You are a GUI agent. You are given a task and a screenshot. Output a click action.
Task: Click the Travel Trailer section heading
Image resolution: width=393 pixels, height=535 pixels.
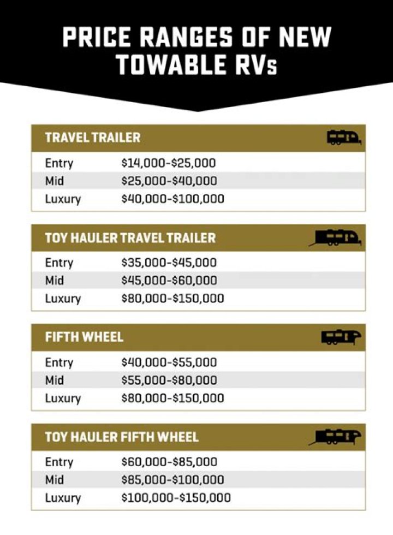click(93, 138)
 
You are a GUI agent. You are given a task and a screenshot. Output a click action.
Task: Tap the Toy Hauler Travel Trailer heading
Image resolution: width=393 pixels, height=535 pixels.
click(130, 237)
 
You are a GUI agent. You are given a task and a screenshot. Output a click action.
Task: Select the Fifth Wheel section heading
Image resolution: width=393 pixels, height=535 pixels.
click(84, 337)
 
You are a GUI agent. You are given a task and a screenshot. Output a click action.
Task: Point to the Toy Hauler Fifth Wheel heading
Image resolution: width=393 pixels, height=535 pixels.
click(122, 437)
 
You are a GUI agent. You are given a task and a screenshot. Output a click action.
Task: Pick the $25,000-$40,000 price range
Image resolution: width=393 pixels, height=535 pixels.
click(169, 181)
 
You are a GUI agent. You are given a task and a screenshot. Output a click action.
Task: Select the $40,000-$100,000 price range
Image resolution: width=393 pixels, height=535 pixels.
click(172, 199)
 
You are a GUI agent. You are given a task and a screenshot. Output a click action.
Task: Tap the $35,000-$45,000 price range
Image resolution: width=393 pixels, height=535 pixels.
click(169, 263)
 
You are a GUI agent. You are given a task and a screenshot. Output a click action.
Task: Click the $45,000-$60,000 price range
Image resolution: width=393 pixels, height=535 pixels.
click(169, 281)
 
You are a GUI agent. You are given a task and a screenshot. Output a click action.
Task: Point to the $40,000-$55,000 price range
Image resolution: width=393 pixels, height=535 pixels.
click(169, 362)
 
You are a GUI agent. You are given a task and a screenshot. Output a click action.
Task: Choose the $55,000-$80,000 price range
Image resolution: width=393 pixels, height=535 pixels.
click(169, 380)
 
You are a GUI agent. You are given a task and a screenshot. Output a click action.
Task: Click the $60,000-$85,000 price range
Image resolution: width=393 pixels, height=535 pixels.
click(169, 462)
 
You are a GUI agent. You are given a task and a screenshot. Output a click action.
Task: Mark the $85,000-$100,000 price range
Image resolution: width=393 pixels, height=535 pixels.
click(172, 480)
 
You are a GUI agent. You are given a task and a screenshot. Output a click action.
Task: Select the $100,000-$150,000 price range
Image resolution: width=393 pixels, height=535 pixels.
click(176, 498)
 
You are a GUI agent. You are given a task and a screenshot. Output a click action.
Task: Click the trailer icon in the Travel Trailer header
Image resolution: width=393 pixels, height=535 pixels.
click(344, 138)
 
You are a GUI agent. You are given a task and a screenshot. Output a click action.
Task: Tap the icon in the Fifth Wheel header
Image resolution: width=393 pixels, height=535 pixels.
click(341, 337)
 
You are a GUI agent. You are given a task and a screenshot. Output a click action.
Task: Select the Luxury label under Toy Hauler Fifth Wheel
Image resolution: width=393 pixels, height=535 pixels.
click(63, 498)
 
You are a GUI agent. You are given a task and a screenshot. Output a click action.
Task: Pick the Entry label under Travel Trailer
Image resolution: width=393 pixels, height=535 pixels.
click(59, 163)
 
